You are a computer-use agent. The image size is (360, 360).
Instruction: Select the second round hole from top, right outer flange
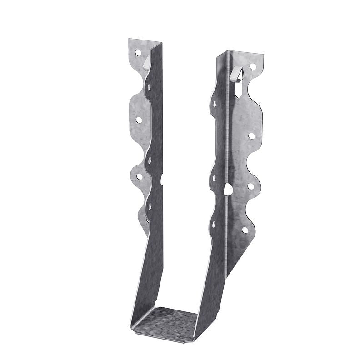[x=251, y=135]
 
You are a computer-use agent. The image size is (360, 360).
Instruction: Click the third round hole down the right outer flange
[x=250, y=186]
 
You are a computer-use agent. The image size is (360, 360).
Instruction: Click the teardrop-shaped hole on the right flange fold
[x=229, y=189]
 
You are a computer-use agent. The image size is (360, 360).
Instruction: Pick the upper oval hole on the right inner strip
[x=214, y=104]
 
